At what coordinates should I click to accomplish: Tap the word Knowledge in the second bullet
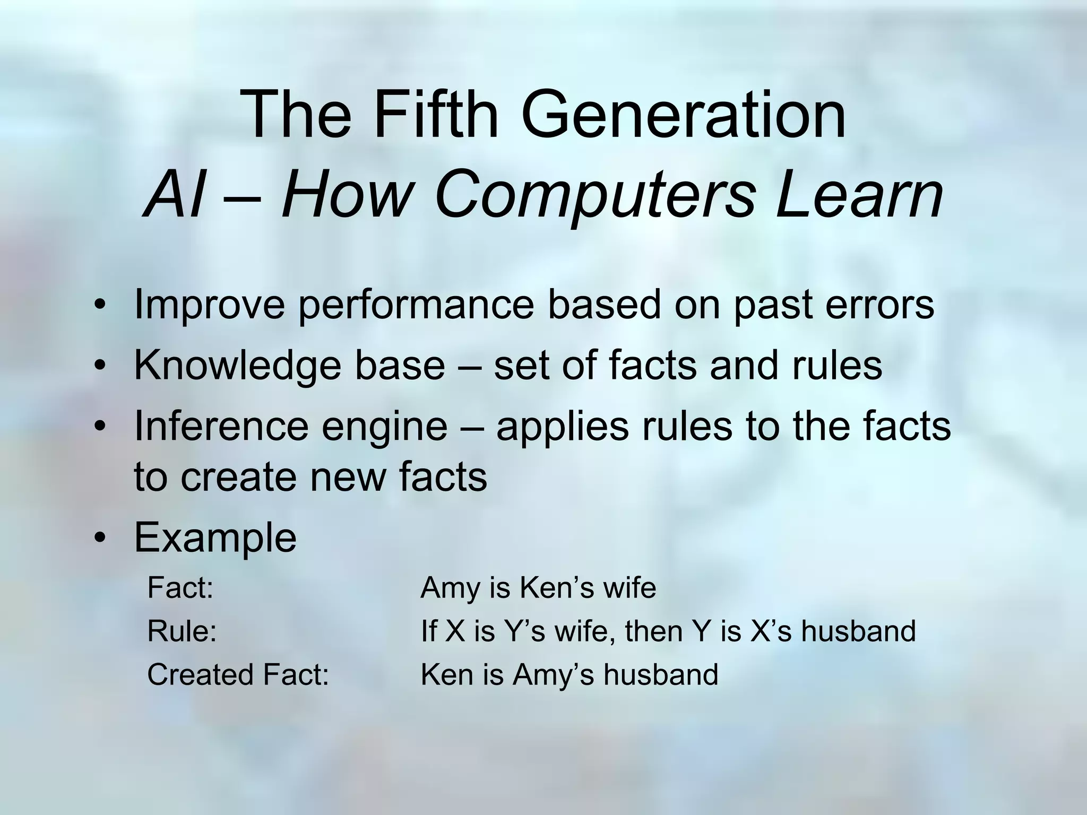click(x=237, y=366)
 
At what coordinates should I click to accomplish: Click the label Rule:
click(x=182, y=631)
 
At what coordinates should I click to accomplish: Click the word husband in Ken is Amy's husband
click(x=661, y=675)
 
